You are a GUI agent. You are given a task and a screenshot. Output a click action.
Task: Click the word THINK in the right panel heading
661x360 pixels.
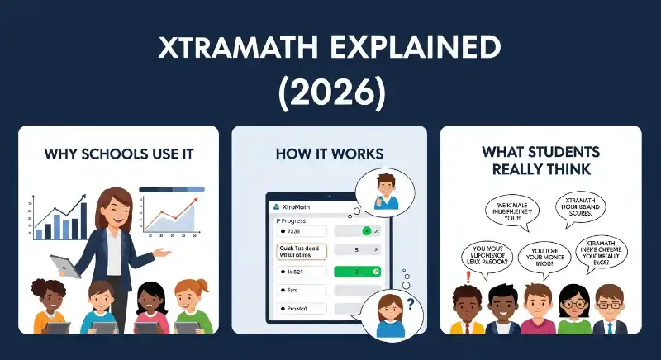(x=569, y=168)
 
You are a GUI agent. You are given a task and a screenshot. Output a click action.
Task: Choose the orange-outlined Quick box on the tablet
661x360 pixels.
(x=302, y=252)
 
